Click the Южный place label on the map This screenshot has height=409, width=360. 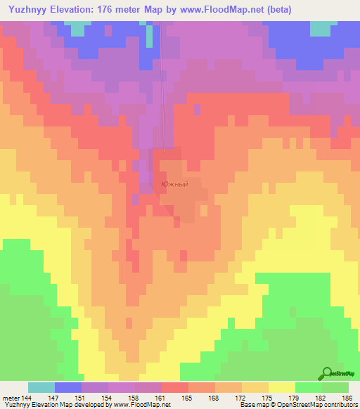tap(174, 184)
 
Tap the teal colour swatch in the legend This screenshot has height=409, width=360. tap(41, 387)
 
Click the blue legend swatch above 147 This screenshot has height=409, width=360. tap(68, 387)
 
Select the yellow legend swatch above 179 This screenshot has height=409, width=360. tap(282, 387)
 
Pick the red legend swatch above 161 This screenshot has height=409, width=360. tap(175, 387)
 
